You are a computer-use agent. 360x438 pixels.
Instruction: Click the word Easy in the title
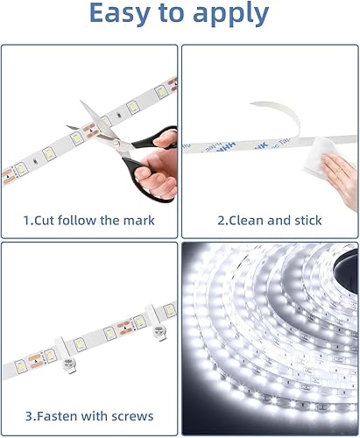pyautogui.click(x=120, y=15)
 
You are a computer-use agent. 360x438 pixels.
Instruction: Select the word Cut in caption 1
pyautogui.click(x=52, y=220)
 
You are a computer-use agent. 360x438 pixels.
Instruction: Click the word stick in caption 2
pyautogui.click(x=307, y=220)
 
